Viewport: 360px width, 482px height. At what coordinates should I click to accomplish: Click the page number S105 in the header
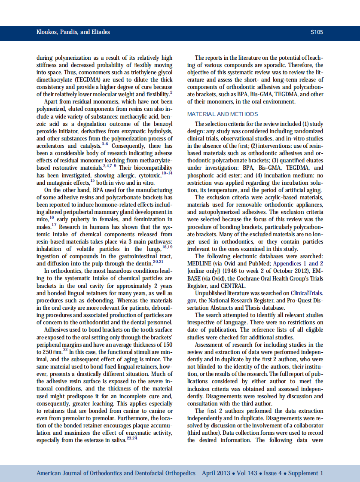pos(316,32)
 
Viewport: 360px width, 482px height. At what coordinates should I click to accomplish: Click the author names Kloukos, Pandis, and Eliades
pos(67,32)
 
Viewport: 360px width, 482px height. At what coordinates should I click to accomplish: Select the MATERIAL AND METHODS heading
pos(223,114)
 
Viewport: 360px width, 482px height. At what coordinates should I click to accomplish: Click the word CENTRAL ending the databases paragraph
pos(233,285)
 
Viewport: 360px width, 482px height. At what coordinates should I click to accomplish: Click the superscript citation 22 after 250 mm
pos(65,350)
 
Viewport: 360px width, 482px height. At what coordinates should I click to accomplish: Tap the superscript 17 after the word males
pos(54,225)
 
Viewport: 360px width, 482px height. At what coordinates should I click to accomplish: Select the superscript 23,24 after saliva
pos(132,438)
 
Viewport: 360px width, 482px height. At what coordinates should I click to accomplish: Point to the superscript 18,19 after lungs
pos(167,247)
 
